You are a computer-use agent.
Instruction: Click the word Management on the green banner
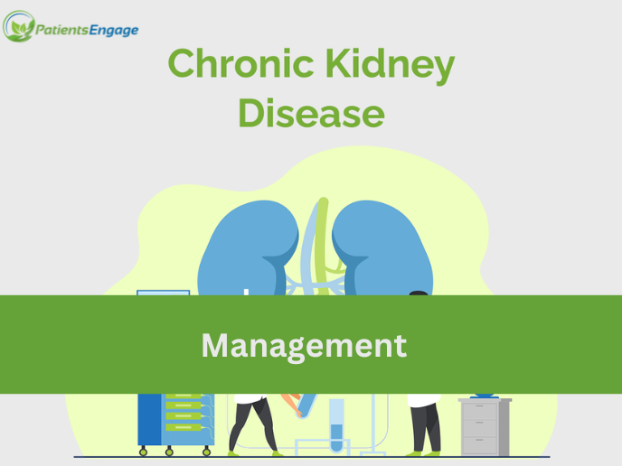click(304, 345)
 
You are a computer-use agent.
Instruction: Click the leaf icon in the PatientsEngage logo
click(18, 27)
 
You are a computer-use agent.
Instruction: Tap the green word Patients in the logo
click(62, 31)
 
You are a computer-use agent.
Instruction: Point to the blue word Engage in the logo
click(114, 31)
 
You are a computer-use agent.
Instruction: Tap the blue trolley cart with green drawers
click(174, 420)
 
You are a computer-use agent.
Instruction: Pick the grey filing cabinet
click(485, 426)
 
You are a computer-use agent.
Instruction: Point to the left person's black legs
click(254, 424)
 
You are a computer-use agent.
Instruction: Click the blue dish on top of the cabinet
click(485, 395)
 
